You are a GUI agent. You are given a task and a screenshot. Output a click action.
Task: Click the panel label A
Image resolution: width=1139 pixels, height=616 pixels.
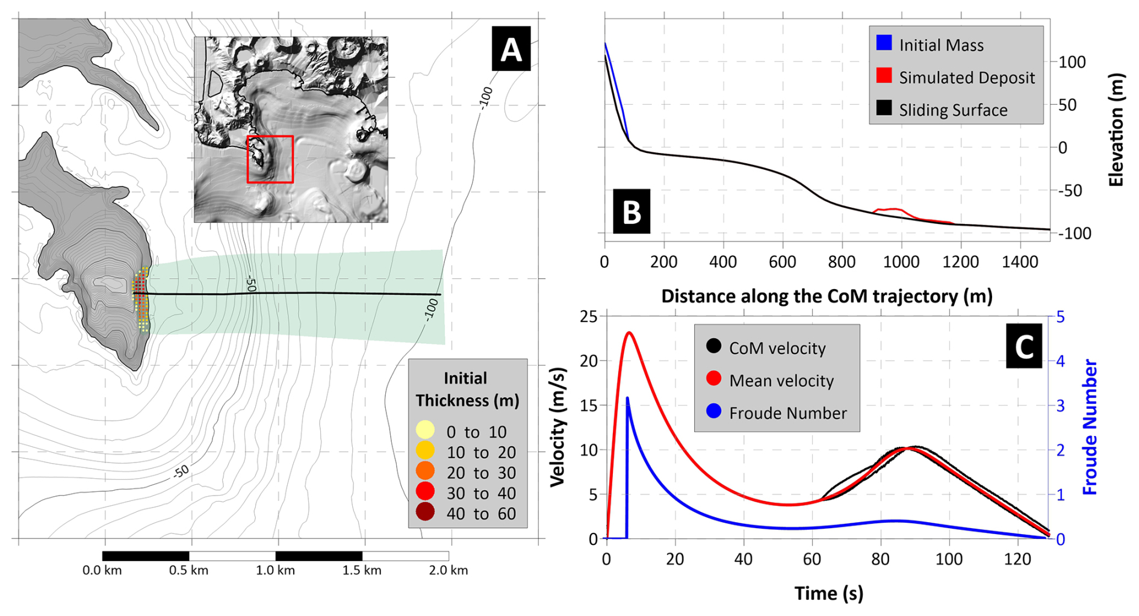pos(511,49)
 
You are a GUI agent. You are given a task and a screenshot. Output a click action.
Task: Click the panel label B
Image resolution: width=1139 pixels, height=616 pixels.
pos(631,211)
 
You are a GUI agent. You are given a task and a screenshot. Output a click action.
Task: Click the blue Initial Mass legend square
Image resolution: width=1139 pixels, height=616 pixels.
pos(884,43)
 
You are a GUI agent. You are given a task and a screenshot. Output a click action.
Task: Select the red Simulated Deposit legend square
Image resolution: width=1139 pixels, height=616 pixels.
pos(884,75)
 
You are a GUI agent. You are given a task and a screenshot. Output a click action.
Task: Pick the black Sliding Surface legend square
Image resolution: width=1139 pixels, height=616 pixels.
pos(884,108)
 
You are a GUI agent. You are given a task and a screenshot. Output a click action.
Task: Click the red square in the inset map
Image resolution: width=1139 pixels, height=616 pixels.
pos(270,159)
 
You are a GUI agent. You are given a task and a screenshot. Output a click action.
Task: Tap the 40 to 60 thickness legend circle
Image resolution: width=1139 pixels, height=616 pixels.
pos(425,512)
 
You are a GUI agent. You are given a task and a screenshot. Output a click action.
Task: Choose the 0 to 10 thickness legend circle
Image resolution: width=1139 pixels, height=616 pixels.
pos(425,430)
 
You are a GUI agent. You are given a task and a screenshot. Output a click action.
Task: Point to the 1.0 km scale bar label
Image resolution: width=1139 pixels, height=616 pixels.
pos(275,570)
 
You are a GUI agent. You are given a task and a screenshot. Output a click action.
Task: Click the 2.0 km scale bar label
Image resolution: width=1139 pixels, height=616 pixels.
pos(448,570)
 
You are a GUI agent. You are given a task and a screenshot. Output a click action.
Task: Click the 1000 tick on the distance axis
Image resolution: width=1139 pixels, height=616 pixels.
pos(901,262)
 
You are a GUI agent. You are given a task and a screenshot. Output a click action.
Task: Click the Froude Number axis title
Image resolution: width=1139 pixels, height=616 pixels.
pos(1090,427)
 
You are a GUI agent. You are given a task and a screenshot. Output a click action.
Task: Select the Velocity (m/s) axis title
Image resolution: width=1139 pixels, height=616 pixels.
pos(558,427)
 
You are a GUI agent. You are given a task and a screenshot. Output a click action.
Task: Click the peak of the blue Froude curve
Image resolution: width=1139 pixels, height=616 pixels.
pos(627,397)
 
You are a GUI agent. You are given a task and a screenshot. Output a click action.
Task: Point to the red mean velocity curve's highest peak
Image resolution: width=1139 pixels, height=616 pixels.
pos(630,332)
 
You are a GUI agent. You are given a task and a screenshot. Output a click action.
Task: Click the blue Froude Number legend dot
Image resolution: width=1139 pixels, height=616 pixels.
pos(713,411)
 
